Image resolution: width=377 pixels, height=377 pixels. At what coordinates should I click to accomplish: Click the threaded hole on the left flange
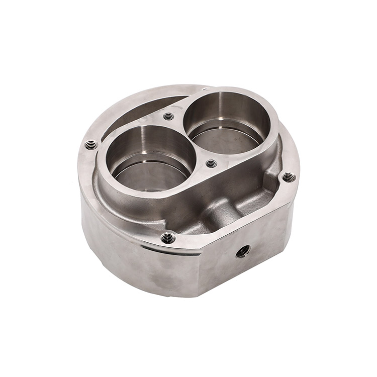pos(91,145)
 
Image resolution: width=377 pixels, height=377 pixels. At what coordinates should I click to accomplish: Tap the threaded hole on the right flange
pos(288,177)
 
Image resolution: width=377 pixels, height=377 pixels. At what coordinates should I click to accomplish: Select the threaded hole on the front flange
pos(168,238)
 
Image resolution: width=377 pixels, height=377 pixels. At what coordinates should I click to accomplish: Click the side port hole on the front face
pos(243,251)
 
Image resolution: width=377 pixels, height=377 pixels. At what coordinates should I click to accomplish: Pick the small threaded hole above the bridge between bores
pos(169,117)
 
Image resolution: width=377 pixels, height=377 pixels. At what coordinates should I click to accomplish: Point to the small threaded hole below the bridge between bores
pos(212,163)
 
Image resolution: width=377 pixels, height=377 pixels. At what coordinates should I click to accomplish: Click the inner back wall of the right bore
pos(226,108)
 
